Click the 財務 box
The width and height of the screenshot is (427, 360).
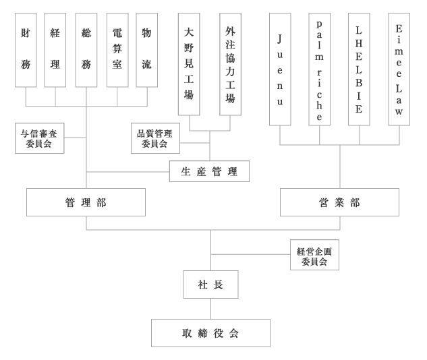[x=26, y=50]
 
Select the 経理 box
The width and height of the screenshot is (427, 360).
[x=55, y=50]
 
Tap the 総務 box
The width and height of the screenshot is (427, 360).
[x=86, y=50]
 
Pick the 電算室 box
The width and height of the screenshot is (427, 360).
[x=117, y=50]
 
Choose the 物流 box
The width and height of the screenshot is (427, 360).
[x=147, y=50]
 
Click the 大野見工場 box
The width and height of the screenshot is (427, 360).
[x=189, y=64]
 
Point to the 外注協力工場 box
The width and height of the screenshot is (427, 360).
[x=230, y=64]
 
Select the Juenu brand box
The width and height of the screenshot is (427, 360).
[x=280, y=69]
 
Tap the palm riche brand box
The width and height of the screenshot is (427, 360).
[x=320, y=69]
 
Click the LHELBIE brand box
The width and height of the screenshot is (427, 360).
[x=359, y=69]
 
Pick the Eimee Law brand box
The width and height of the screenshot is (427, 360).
[x=399, y=69]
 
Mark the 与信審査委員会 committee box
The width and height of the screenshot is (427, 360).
[x=40, y=138]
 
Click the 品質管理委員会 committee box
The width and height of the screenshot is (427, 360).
[x=154, y=138]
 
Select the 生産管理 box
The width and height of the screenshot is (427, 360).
[x=209, y=172]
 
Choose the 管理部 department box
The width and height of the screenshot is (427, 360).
[x=86, y=202]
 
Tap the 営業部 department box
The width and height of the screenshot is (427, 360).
[x=339, y=202]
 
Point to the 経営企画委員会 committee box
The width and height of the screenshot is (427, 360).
[x=314, y=255]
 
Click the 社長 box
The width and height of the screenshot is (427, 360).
[x=210, y=284]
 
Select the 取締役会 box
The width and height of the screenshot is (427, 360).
[x=210, y=333]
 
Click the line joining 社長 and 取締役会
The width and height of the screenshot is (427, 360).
[x=210, y=309]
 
